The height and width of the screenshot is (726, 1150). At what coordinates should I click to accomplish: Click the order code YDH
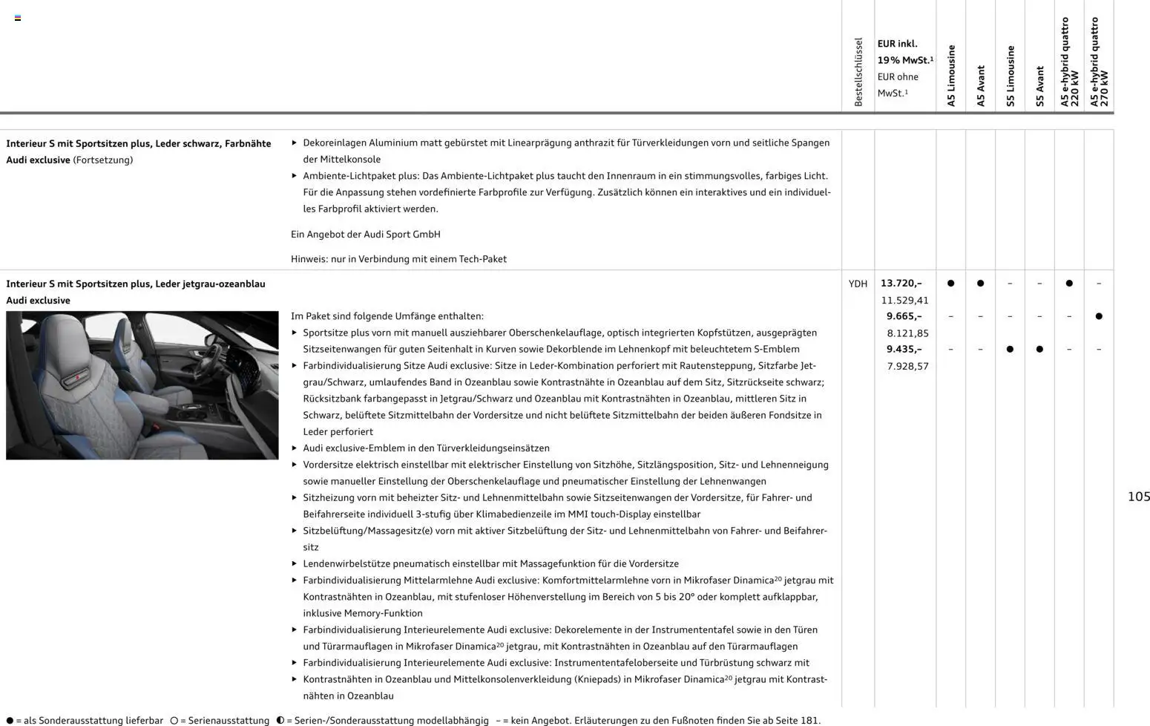(858, 284)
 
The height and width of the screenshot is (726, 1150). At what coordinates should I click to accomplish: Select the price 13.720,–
(901, 284)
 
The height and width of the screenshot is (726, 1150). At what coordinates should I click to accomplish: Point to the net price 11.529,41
(904, 301)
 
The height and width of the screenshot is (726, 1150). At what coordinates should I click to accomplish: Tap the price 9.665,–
(904, 316)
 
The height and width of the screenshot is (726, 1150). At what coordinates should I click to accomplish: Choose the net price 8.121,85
(907, 333)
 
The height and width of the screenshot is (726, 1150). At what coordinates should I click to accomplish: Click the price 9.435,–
(904, 349)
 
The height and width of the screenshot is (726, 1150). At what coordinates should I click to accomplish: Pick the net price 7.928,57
(907, 366)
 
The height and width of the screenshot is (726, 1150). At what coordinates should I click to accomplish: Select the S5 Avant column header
(1039, 86)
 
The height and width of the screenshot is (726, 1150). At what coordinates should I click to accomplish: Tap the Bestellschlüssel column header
(858, 72)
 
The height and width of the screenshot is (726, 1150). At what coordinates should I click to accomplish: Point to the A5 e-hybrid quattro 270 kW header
(1099, 62)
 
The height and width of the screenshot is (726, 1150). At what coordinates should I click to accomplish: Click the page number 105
(1138, 497)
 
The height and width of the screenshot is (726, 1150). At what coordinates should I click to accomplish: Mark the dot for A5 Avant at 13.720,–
(980, 284)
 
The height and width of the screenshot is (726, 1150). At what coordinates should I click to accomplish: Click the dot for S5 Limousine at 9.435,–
(1010, 349)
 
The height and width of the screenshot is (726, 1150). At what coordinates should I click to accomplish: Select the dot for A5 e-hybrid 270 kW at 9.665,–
(1099, 316)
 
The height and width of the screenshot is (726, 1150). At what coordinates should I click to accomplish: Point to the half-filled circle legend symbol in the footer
(280, 720)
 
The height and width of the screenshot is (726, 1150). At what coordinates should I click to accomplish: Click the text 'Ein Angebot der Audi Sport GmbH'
(365, 235)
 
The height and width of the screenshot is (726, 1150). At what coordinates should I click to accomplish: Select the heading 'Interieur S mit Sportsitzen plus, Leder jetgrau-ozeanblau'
(136, 284)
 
